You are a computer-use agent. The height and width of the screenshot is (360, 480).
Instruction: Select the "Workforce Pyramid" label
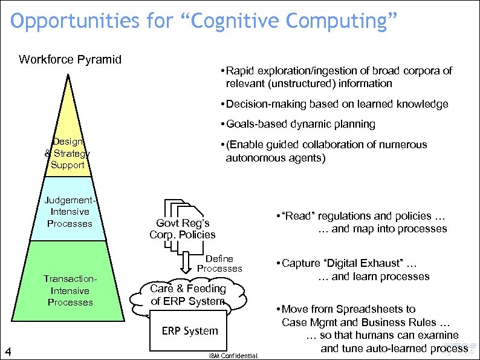pyautogui.click(x=70, y=59)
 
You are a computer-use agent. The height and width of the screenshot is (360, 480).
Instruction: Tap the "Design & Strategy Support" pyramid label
pyautogui.click(x=68, y=153)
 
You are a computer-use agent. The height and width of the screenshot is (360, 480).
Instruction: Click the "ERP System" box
pyautogui.click(x=190, y=330)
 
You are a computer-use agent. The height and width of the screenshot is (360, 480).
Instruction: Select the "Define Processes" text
pyautogui.click(x=219, y=263)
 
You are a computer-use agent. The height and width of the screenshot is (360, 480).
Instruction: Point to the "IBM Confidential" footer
pyautogui.click(x=233, y=356)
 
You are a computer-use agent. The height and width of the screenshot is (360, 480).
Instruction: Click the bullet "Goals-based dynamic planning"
pyautogui.click(x=300, y=124)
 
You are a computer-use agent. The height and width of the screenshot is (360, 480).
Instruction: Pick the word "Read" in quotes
pyautogui.click(x=297, y=216)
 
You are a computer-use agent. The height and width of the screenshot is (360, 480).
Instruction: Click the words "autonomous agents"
pyautogui.click(x=274, y=159)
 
